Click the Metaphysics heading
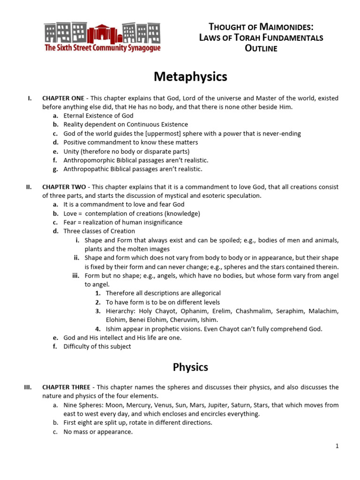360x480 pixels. coord(190,76)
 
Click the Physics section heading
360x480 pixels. coord(190,367)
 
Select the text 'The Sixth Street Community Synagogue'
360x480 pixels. coord(102,48)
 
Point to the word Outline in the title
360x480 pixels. coord(261,48)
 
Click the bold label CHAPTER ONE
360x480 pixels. coord(63,98)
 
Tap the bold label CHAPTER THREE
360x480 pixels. coord(66,387)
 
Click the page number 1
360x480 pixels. coord(337,446)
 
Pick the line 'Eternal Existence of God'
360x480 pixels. coord(98,116)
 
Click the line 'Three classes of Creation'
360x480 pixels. coord(99,231)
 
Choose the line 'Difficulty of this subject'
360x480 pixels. coord(97,347)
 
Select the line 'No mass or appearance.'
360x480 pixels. coord(98,432)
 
